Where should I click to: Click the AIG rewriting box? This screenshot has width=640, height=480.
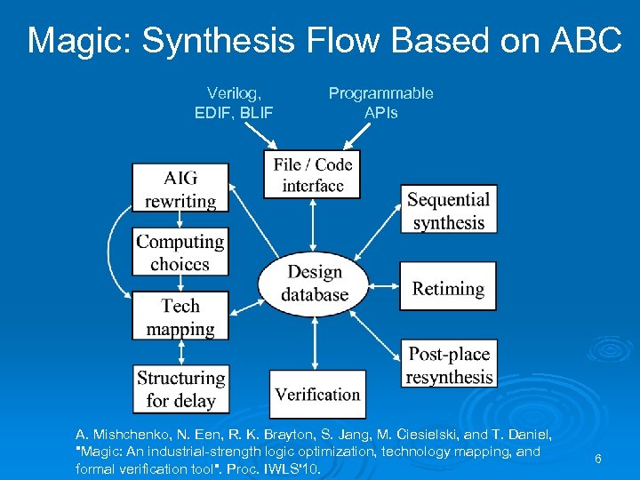180,188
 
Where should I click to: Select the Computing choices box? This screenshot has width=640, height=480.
180,252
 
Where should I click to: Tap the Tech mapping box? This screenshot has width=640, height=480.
180,316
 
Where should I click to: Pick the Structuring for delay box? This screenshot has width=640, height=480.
180,388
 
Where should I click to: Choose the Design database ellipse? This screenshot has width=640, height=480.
314,283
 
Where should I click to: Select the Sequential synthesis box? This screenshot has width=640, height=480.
448,210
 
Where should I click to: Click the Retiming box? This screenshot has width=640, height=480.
448,288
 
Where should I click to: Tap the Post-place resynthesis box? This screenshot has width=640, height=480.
448,364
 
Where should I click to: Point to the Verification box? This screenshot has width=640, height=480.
317,394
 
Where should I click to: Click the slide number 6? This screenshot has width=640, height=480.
598,459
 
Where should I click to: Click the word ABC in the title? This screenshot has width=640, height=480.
582,41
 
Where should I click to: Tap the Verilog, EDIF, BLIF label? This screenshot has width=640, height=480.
234,102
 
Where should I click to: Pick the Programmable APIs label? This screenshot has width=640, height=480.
380,102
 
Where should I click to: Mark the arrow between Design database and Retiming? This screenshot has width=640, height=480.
385,286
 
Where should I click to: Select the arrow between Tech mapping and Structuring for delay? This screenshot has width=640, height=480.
180,353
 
